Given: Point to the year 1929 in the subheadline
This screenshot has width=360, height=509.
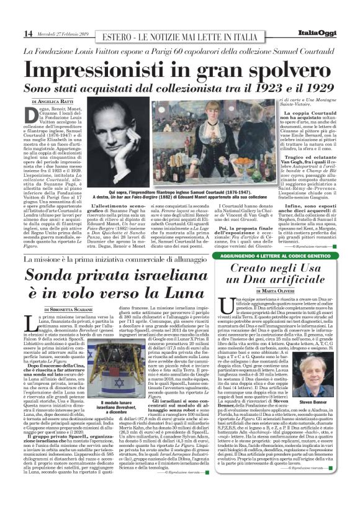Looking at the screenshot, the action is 310,90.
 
